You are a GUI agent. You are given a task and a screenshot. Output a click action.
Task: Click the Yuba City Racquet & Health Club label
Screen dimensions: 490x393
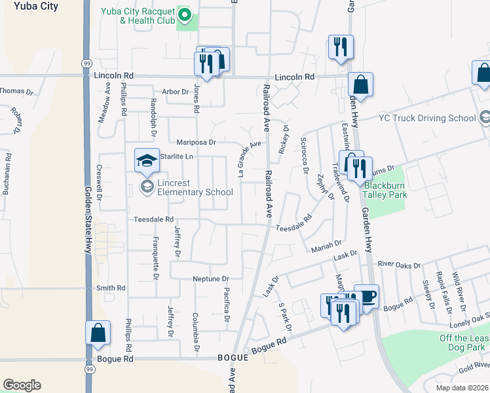point(138,16)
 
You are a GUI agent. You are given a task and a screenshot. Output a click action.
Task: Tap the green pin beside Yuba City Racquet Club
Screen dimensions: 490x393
point(185,15)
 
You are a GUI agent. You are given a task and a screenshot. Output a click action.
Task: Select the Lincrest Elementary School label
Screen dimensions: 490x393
point(195,192)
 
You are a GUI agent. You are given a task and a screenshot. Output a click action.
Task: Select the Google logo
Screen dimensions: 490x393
point(22,385)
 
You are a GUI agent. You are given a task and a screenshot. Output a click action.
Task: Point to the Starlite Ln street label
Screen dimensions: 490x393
point(179,157)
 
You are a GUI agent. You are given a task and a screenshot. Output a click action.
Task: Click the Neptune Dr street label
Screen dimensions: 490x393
point(211,279)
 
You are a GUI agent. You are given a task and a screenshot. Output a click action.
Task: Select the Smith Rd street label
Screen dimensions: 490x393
point(111,288)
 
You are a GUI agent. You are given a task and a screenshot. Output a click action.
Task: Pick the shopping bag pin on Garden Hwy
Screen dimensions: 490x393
point(360,84)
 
